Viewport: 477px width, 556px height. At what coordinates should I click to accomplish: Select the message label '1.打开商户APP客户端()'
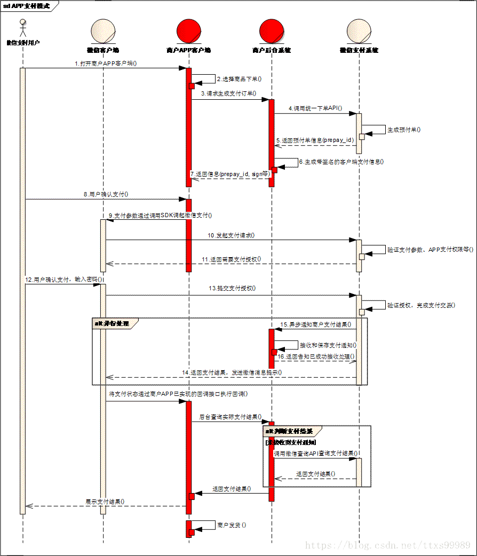pos(106,63)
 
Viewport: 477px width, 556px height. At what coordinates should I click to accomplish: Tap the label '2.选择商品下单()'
pos(239,79)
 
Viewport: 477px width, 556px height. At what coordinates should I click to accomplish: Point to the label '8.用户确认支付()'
pos(106,194)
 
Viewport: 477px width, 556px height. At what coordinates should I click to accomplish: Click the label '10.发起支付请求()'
pos(232,235)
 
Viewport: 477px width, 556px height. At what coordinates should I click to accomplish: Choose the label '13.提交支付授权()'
pos(232,288)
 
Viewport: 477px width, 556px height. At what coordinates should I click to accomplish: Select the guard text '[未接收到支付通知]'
pos(291,442)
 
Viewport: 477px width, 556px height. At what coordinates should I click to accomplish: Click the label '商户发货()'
pos(232,525)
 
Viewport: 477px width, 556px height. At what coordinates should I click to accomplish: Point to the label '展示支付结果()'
pos(105,501)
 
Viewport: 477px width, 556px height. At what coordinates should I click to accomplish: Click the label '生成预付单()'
pos(404,130)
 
